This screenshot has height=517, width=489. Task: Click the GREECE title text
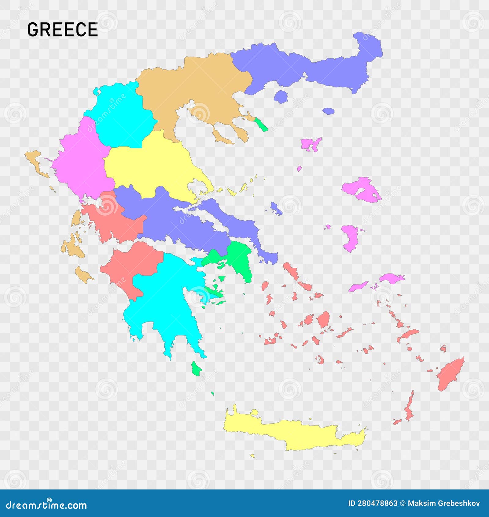pos(62,30)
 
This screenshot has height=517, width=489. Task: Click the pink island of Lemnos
pos(310,143)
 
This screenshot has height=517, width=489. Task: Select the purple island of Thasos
pos(281,97)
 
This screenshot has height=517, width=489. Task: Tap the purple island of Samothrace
pos(328,111)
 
